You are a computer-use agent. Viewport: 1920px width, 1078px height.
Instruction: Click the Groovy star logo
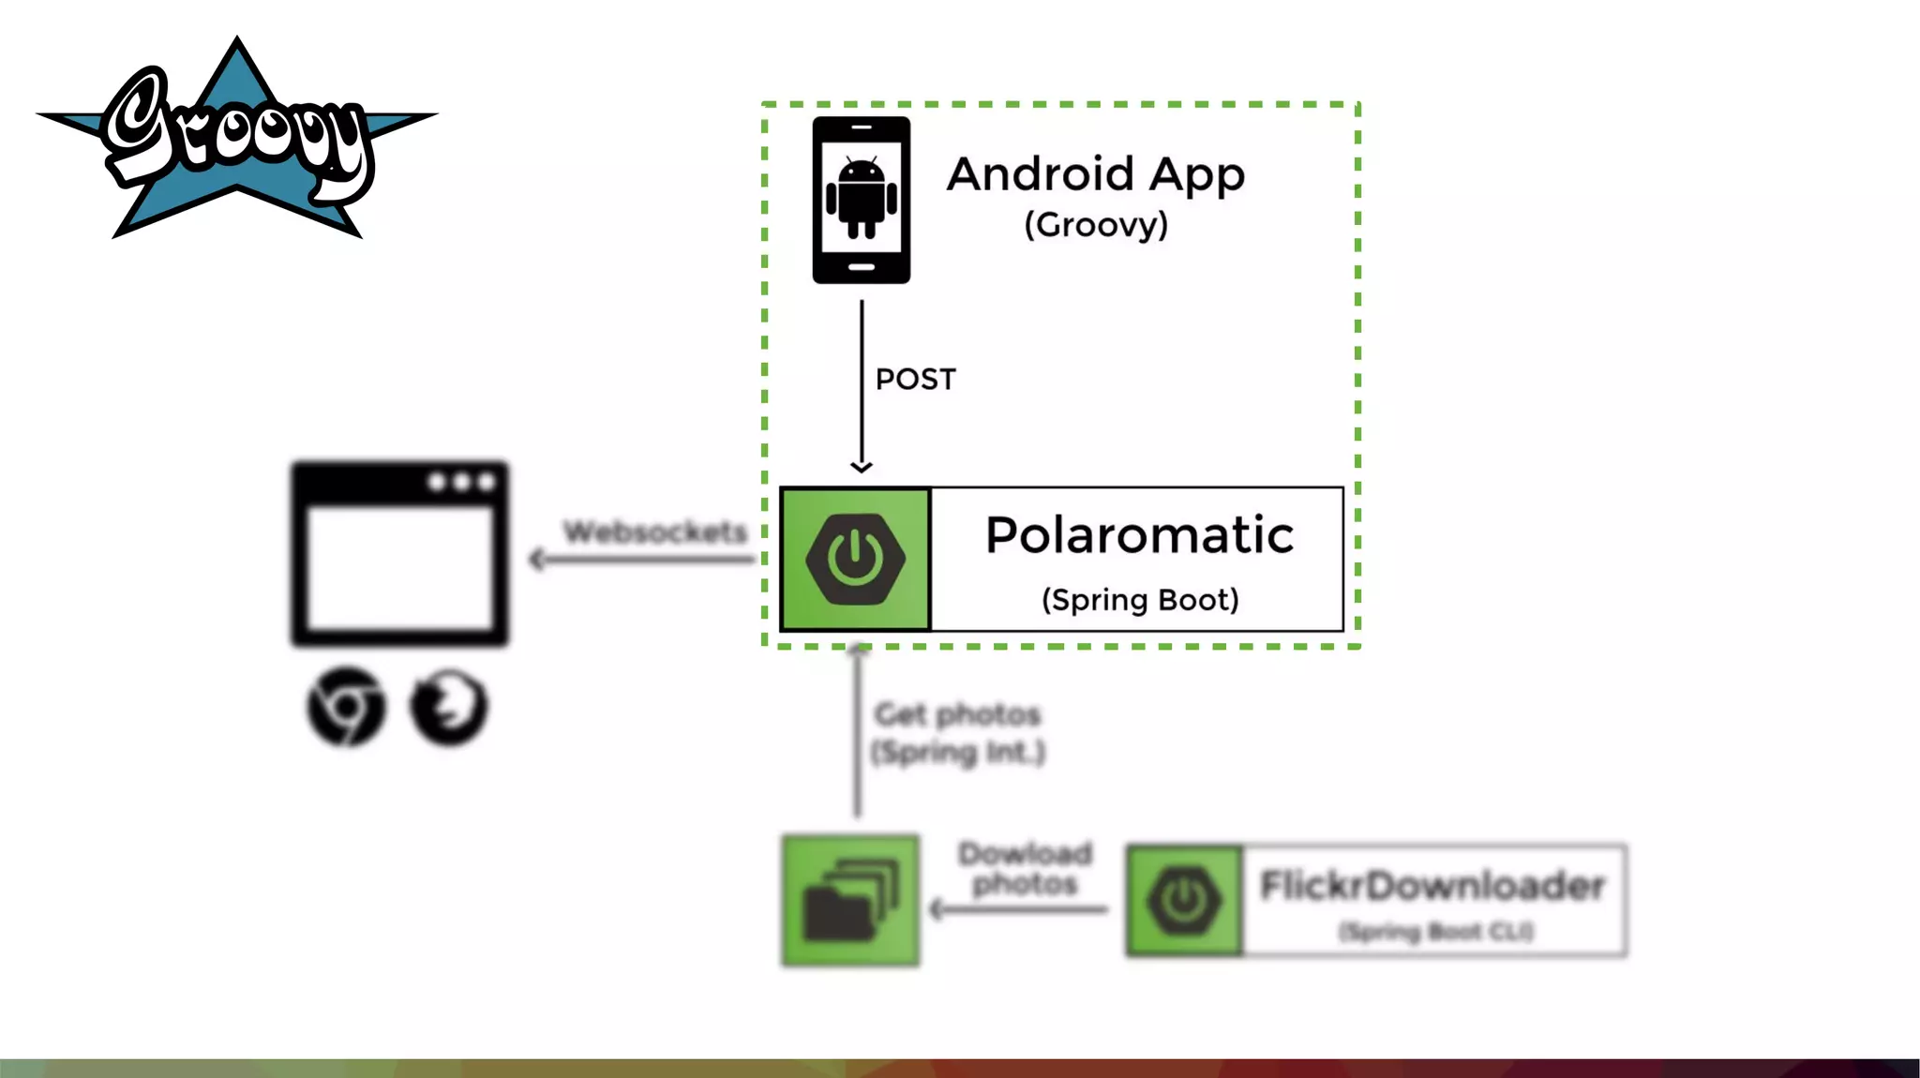point(236,141)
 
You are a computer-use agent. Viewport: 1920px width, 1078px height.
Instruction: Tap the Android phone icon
point(861,200)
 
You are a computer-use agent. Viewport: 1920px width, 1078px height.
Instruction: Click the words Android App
point(1095,174)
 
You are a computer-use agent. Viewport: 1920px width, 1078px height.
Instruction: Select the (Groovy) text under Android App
point(1095,225)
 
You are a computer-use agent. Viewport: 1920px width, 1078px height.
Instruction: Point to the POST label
point(915,380)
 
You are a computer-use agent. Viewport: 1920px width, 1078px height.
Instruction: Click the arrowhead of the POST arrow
point(862,466)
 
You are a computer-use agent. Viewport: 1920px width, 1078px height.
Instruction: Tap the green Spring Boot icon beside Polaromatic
point(855,559)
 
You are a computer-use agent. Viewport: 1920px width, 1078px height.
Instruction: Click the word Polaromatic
point(1139,535)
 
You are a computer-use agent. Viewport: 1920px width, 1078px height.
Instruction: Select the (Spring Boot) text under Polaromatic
point(1140,600)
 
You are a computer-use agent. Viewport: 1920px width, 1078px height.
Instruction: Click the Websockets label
point(654,532)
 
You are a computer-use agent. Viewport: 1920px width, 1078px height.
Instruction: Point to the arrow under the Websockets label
point(642,560)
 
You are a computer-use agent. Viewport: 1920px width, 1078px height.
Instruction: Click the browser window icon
point(399,553)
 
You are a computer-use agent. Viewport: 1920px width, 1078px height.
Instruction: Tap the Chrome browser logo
point(346,707)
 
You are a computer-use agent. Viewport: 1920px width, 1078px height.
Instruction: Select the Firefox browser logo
point(449,707)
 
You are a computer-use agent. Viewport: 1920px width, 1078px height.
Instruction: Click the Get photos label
point(957,715)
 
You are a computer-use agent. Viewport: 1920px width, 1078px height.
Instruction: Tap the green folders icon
point(850,900)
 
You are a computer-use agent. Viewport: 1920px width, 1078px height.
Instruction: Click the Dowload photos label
point(1025,868)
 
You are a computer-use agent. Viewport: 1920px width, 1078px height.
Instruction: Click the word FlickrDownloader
point(1432,886)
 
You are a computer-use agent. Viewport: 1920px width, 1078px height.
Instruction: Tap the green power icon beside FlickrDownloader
point(1184,900)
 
